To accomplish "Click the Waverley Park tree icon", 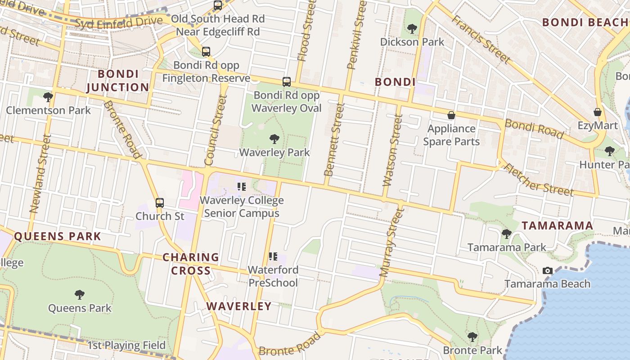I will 274,139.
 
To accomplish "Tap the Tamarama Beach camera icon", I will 547,270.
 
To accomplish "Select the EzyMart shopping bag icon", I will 598,112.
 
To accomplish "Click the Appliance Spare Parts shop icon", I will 451,116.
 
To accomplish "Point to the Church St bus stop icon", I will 160,203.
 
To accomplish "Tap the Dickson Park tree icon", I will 412,29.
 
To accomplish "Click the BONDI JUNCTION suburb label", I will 117,81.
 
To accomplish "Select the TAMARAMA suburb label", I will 557,226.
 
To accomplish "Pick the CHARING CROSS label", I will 190,264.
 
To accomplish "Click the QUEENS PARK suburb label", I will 58,236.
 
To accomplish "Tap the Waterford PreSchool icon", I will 273,256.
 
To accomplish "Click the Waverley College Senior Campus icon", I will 242,186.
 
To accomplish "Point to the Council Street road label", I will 215,130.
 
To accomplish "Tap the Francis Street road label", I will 481,40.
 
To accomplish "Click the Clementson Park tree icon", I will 48,97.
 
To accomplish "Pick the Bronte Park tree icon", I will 472,337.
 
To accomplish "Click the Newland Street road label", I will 38,173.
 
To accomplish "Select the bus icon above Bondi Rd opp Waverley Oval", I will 287,82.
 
